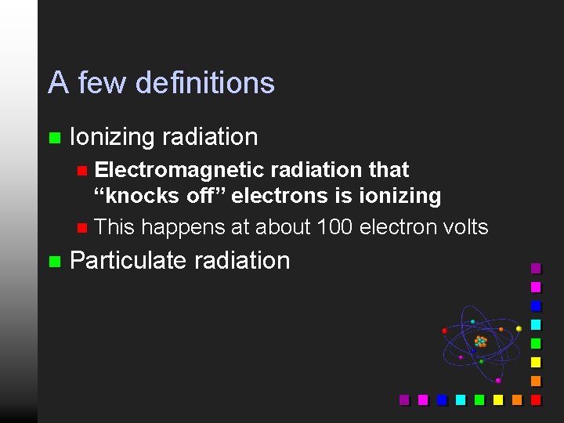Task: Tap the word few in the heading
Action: [x=99, y=83]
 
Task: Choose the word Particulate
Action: [x=121, y=260]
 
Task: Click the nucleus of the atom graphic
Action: [x=480, y=342]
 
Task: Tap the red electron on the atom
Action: [x=444, y=331]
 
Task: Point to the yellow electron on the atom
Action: [x=519, y=329]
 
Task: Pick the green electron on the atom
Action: [x=481, y=361]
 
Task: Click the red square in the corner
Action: [x=536, y=399]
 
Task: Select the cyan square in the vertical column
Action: [x=536, y=324]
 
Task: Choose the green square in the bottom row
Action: [x=479, y=399]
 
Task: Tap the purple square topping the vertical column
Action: [x=536, y=268]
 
